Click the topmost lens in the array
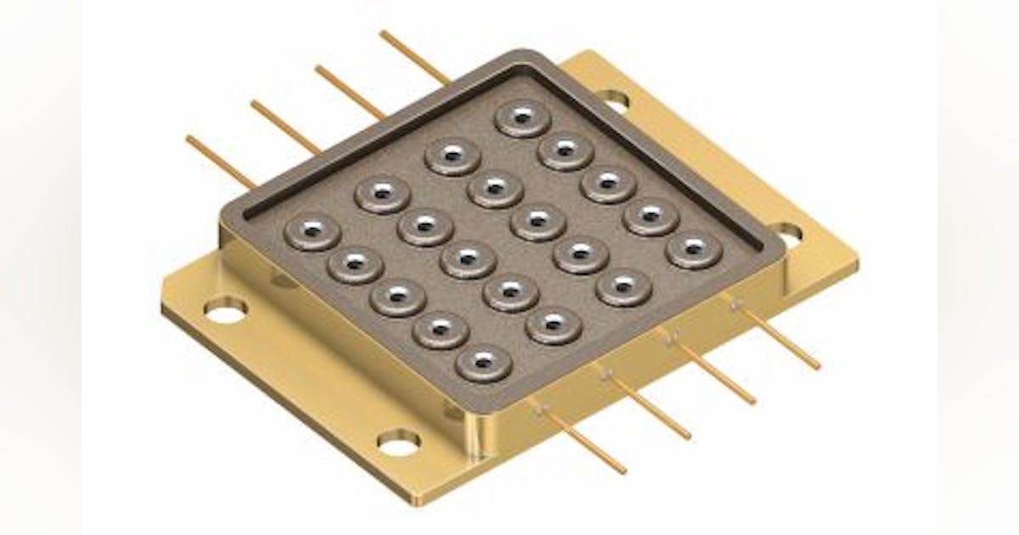coord(523,118)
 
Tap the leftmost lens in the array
coord(312,231)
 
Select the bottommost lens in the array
coord(484,364)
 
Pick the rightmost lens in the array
coord(695,249)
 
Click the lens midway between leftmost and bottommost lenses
coord(398,297)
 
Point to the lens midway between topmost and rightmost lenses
coord(609,183)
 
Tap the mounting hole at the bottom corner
coord(399,442)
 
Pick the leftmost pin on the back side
coord(220,161)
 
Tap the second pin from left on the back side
coord(284,127)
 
